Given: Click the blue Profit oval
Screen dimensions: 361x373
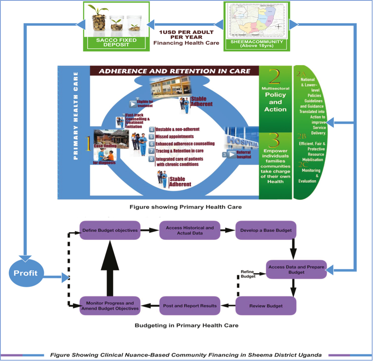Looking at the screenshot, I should (x=26, y=273).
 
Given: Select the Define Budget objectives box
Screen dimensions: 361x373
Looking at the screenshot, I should (x=110, y=230).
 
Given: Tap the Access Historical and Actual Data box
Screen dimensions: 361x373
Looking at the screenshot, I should (x=190, y=230).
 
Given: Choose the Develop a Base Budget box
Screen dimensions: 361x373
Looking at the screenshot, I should (x=266, y=230).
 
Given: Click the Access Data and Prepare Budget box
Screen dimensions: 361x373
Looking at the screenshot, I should (x=296, y=269).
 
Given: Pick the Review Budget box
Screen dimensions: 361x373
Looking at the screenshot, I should (x=266, y=306).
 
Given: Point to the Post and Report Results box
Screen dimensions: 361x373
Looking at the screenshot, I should (x=190, y=306).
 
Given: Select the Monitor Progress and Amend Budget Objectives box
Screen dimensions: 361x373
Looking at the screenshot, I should (x=110, y=306).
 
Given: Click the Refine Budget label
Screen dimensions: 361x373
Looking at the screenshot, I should (x=248, y=274).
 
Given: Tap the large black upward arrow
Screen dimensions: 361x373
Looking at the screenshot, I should (x=110, y=269).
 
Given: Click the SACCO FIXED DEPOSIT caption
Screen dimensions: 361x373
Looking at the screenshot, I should (x=116, y=42).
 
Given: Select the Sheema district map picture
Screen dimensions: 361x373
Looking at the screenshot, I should (x=257, y=20).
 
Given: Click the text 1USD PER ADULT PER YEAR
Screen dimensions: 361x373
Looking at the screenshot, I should (x=186, y=35).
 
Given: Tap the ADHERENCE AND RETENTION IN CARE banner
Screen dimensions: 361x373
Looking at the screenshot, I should (x=175, y=71).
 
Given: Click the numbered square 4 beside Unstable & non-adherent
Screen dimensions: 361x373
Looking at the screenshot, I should (x=152, y=129).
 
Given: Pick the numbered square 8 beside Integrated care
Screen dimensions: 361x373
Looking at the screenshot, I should (x=152, y=159).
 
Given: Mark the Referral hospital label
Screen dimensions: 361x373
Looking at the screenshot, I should (x=244, y=154).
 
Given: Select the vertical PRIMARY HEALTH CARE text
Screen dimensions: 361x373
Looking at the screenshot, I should (x=76, y=115).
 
